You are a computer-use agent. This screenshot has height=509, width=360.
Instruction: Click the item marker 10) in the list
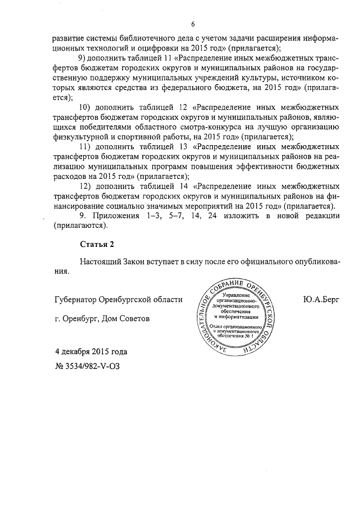point(85,107)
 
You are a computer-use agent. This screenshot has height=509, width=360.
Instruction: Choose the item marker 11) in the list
point(85,147)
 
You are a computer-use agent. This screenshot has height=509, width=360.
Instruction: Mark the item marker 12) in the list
point(85,186)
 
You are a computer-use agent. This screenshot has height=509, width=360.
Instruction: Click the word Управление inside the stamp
point(238,295)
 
